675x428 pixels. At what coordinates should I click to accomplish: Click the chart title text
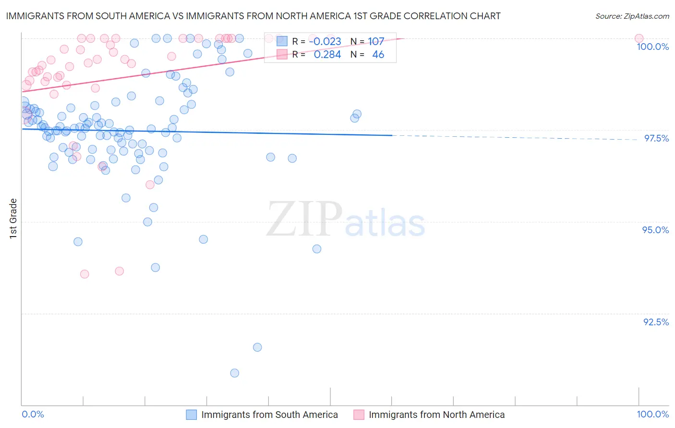pyautogui.click(x=253, y=16)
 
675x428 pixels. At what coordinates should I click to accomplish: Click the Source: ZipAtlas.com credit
pyautogui.click(x=632, y=16)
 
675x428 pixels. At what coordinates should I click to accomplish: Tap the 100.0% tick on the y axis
pyautogui.click(x=652, y=47)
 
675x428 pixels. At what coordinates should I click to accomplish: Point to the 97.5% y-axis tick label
pyautogui.click(x=656, y=138)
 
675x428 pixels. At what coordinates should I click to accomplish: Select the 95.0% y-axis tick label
pyautogui.click(x=655, y=230)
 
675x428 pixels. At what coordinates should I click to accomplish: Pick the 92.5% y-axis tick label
pyautogui.click(x=656, y=322)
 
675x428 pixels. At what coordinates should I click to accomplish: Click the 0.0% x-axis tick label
pyautogui.click(x=33, y=414)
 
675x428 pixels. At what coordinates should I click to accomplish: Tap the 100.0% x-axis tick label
pyautogui.click(x=652, y=414)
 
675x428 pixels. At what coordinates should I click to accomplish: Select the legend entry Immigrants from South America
pyautogui.click(x=269, y=415)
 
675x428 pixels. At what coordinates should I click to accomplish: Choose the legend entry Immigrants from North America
pyautogui.click(x=436, y=415)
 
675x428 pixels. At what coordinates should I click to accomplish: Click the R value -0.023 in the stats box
pyautogui.click(x=325, y=42)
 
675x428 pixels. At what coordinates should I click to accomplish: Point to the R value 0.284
pyautogui.click(x=327, y=55)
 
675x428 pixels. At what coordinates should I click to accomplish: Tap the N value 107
pyautogui.click(x=376, y=42)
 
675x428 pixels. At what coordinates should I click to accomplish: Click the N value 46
pyautogui.click(x=378, y=55)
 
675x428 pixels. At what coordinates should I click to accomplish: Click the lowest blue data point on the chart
pyautogui.click(x=234, y=373)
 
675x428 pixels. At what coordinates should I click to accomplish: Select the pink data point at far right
pyautogui.click(x=639, y=38)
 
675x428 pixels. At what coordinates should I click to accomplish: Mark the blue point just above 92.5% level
pyautogui.click(x=257, y=347)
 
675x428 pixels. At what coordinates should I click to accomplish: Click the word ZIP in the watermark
pyautogui.click(x=304, y=219)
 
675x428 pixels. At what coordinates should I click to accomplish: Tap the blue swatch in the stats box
pyautogui.click(x=282, y=42)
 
